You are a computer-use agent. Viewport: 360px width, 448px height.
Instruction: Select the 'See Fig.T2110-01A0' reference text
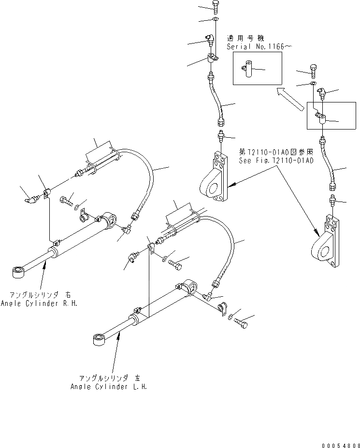tap(275, 161)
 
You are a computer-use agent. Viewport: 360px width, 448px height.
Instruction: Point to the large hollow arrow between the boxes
tap(288, 99)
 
